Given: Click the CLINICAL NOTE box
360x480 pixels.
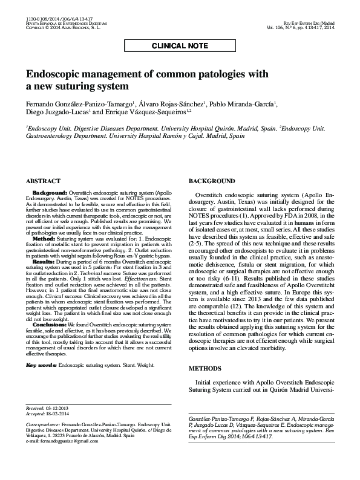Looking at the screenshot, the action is point(180,45).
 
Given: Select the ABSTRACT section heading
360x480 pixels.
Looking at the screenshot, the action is point(43,181).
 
